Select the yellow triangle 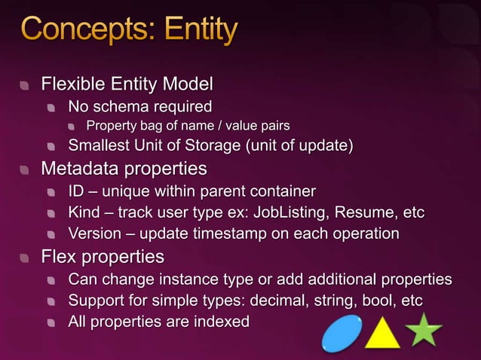click(x=382, y=333)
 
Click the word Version click(x=94, y=233)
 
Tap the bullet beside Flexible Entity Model click(x=26, y=83)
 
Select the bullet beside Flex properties click(x=26, y=258)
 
